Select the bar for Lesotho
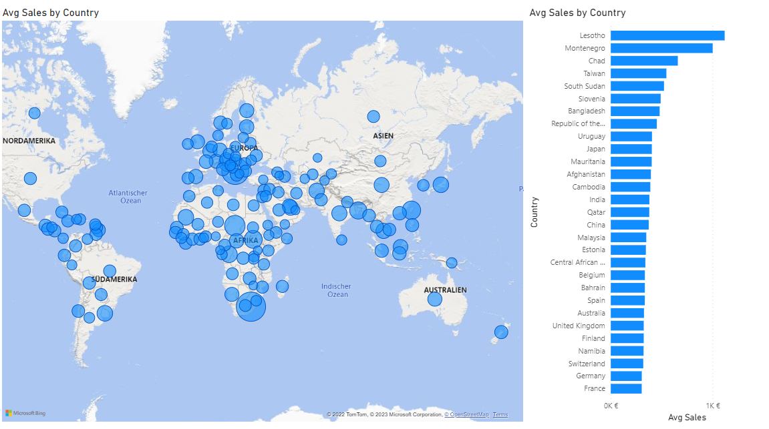(667, 35)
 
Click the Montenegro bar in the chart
(661, 48)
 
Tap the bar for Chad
(643, 61)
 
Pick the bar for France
(625, 388)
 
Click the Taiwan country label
(594, 73)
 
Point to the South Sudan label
(585, 86)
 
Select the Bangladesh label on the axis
(587, 111)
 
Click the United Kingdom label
(579, 326)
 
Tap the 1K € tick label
(713, 406)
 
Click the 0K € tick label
(611, 406)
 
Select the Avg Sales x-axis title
(687, 418)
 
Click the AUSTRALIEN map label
(445, 290)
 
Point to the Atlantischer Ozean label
(128, 197)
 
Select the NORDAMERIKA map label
(29, 141)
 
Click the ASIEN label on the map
(383, 136)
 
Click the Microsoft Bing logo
(25, 414)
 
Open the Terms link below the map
(500, 415)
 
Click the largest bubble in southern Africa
(251, 307)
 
